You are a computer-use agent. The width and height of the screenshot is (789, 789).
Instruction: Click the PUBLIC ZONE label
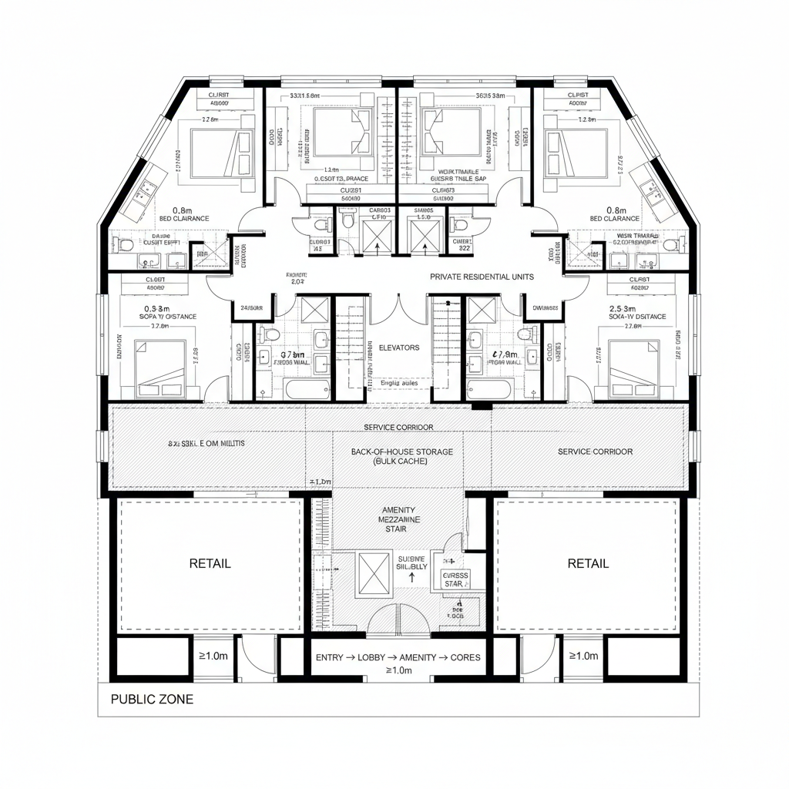coord(152,700)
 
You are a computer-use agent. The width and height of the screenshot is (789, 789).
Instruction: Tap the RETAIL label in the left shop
coord(210,563)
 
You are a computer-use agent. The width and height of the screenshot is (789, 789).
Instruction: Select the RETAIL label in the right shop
coord(588,563)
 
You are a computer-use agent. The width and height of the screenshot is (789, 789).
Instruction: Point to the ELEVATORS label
coord(399,347)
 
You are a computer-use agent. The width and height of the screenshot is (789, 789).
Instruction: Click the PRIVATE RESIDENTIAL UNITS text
coord(482,277)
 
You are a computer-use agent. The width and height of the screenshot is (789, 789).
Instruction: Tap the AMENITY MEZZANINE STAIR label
coord(401,520)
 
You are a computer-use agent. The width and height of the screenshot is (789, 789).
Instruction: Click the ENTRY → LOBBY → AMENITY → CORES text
coord(398,657)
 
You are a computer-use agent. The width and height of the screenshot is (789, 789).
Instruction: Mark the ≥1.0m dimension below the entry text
coord(398,670)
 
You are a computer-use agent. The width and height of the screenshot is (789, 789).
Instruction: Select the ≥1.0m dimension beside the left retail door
coord(213,656)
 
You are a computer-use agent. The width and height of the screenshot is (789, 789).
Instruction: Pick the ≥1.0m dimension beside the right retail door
coord(583,656)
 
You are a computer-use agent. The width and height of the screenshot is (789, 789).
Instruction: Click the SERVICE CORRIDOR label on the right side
coord(595,451)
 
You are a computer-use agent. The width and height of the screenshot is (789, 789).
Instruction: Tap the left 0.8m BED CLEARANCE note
coord(182,213)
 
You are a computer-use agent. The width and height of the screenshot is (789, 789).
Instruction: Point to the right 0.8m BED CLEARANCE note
coord(614,213)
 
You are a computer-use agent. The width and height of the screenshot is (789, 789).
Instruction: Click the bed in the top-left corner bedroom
coord(222,151)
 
